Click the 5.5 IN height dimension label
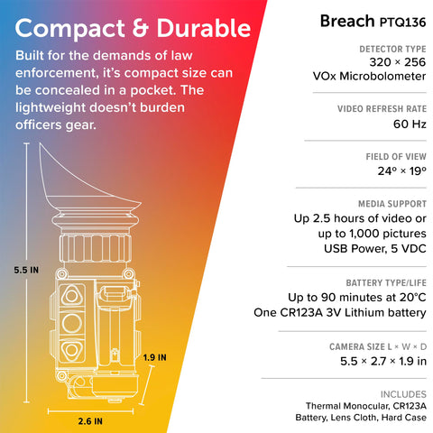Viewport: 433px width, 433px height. tap(26, 270)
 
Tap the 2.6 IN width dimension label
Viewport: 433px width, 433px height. tap(90, 421)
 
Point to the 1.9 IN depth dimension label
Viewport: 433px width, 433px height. tap(154, 357)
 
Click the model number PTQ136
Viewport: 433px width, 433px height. tap(403, 23)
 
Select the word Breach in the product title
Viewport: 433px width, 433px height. tap(347, 21)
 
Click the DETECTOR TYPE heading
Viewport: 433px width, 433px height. tap(392, 49)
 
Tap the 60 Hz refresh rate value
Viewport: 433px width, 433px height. tap(410, 124)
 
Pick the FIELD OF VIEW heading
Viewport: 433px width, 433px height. tap(396, 157)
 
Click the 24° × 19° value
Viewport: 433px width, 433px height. tap(402, 171)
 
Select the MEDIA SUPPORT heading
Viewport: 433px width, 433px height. tap(392, 204)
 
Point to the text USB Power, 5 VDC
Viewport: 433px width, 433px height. tap(375, 249)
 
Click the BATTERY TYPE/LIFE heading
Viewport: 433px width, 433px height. tap(386, 283)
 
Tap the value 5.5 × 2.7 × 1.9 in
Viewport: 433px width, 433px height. tap(383, 361)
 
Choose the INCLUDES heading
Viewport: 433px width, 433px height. tap(403, 394)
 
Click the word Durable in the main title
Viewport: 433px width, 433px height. tap(204, 29)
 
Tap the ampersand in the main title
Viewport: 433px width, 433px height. tap(141, 29)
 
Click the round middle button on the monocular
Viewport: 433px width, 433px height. tap(72, 323)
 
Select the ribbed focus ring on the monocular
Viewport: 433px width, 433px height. tap(96, 249)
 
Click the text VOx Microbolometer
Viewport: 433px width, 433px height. tap(369, 77)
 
